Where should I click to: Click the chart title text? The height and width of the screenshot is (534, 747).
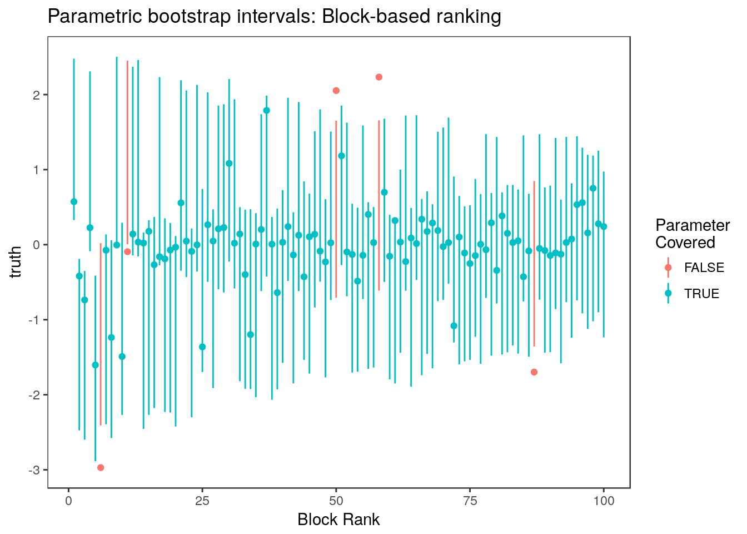(x=275, y=17)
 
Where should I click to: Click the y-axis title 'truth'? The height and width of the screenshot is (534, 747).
(x=17, y=261)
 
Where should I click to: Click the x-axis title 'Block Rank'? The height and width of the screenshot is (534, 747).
(x=338, y=520)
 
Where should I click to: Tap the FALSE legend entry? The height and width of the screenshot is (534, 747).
(x=704, y=268)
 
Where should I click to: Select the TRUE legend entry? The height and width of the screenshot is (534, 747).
(x=701, y=294)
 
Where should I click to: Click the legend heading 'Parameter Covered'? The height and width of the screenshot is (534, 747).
(x=692, y=234)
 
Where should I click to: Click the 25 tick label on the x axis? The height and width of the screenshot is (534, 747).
(x=202, y=501)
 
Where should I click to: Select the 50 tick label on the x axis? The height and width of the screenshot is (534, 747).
(x=336, y=501)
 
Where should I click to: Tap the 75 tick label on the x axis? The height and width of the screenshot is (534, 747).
(x=470, y=501)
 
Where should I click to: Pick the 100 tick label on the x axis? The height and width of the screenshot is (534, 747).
(x=604, y=501)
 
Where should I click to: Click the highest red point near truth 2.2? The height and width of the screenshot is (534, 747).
(x=379, y=77)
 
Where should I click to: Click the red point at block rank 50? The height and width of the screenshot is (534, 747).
(x=336, y=91)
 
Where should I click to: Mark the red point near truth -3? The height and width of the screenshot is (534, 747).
(x=101, y=467)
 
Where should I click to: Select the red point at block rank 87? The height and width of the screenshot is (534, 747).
(x=534, y=372)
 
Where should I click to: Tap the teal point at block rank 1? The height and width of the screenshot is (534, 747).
(x=74, y=201)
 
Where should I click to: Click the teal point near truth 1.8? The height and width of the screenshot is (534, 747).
(x=266, y=110)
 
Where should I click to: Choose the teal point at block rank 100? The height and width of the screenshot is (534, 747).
(x=604, y=226)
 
